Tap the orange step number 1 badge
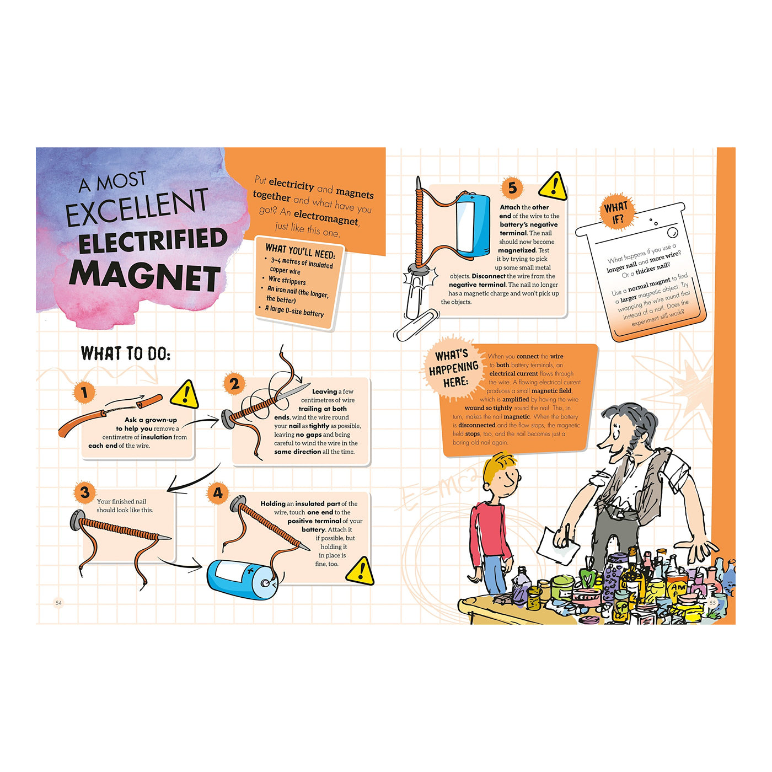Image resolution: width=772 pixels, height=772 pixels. coord(84,392)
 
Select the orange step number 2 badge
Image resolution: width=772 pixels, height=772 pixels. coord(234,384)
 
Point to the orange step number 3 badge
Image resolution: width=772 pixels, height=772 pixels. coord(84,492)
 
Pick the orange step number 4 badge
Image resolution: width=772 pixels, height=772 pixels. coord(218,493)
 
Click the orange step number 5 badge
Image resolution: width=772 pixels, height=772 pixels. coord(512,187)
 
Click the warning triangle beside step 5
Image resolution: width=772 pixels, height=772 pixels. coord(553,186)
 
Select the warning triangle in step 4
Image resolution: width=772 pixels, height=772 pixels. coord(360,571)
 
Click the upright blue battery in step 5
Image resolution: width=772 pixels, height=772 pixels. coord(473,225)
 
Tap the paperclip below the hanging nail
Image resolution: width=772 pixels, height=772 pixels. coord(417,326)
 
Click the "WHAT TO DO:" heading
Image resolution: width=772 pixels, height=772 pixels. coord(126,353)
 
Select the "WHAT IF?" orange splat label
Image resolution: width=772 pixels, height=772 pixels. coord(616,212)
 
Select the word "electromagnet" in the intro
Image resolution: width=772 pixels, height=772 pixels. coord(326,218)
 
